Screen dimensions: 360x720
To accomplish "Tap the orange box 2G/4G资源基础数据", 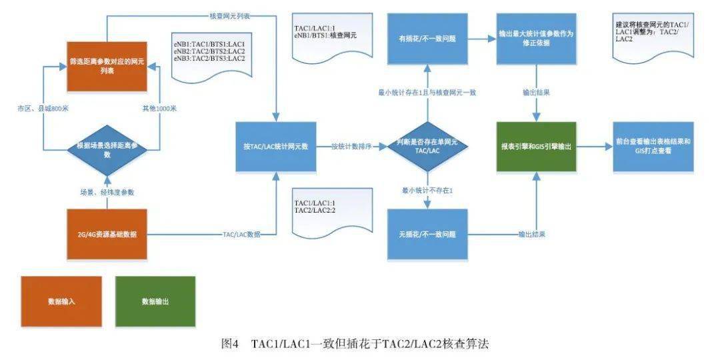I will pos(107,234).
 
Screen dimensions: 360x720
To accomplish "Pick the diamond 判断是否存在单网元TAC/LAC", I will pos(427,146).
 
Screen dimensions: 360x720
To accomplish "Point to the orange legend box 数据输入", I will pos(61,301).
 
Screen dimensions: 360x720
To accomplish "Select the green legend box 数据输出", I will pos(155,301).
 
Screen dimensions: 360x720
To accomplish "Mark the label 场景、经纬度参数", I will pos(107,192).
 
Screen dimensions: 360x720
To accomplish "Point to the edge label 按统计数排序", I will pos(351,146).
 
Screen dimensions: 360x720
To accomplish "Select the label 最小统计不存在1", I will pos(427,191).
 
